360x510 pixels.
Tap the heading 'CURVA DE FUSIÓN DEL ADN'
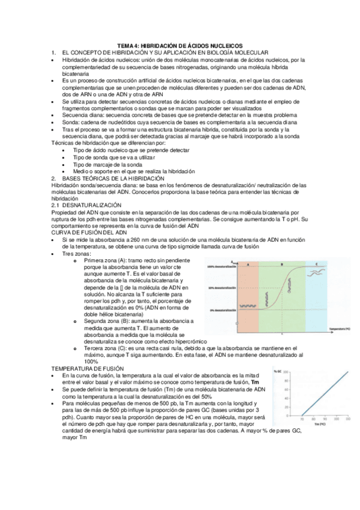90,232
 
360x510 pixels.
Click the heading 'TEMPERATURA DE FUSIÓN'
87,367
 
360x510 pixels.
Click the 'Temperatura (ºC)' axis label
340,330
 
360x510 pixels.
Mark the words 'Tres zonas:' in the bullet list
76,254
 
